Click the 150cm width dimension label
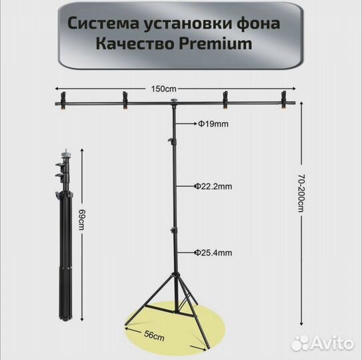tap(164, 89)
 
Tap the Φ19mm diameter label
tap(213, 124)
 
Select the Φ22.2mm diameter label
tap(213, 187)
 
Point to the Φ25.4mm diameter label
tap(213, 253)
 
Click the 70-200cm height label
tap(301, 193)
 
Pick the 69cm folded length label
tap(81, 220)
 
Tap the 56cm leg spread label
tap(154, 336)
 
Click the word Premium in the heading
tap(215, 43)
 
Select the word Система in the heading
tap(103, 24)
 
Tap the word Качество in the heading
tap(135, 43)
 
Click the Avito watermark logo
tap(322, 343)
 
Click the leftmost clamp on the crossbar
tap(63, 101)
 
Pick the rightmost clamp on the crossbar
tap(284, 100)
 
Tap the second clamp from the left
tap(125, 100)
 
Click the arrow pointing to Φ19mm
tap(186, 124)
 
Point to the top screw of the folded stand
tap(66, 152)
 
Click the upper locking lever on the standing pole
tap(171, 141)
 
